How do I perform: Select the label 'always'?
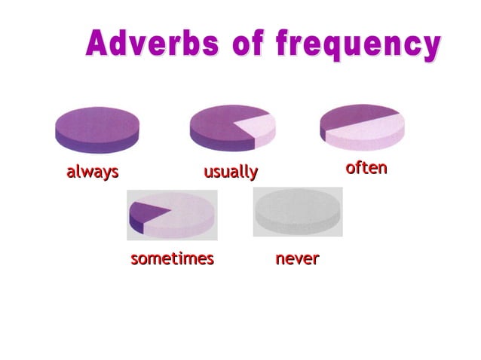93,172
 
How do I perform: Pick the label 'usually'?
231,172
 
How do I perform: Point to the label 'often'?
366,167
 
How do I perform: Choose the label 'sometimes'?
172,259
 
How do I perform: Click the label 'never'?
297,259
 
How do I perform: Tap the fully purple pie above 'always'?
98,124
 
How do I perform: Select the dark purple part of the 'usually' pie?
219,124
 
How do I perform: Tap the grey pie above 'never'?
298,211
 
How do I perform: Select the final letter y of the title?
430,47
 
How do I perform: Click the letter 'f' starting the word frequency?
284,43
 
